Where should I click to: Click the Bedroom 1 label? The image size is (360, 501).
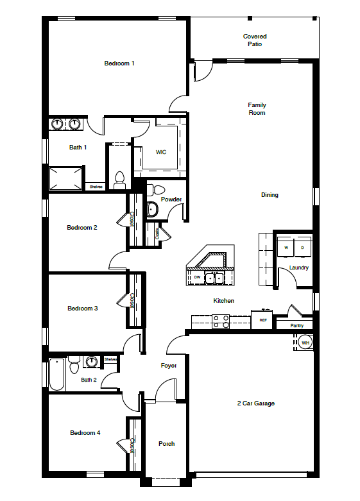pos(119,64)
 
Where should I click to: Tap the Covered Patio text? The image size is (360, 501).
pos(255,40)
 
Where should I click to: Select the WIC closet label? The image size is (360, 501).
pos(161,152)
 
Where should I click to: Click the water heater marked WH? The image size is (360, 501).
pos(305,343)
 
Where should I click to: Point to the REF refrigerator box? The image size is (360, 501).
pos(262,319)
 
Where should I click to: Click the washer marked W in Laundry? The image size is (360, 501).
pos(286,247)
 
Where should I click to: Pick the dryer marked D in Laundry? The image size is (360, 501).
pos(302,247)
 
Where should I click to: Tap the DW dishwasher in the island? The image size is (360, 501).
pos(198,277)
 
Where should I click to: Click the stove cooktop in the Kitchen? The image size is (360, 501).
pos(221,321)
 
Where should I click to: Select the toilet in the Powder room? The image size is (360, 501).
pos(156,189)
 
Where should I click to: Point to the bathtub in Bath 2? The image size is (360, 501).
pos(56,375)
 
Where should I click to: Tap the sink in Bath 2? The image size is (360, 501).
pos(92,362)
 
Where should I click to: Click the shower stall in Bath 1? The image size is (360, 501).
pos(67,178)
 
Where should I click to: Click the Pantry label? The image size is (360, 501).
pos(296,326)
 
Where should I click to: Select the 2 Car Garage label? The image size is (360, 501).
pos(256,403)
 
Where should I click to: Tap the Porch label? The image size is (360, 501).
pos(166,444)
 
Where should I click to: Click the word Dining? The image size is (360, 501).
pos(270,195)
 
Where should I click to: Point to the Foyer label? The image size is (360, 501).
pos(168,366)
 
